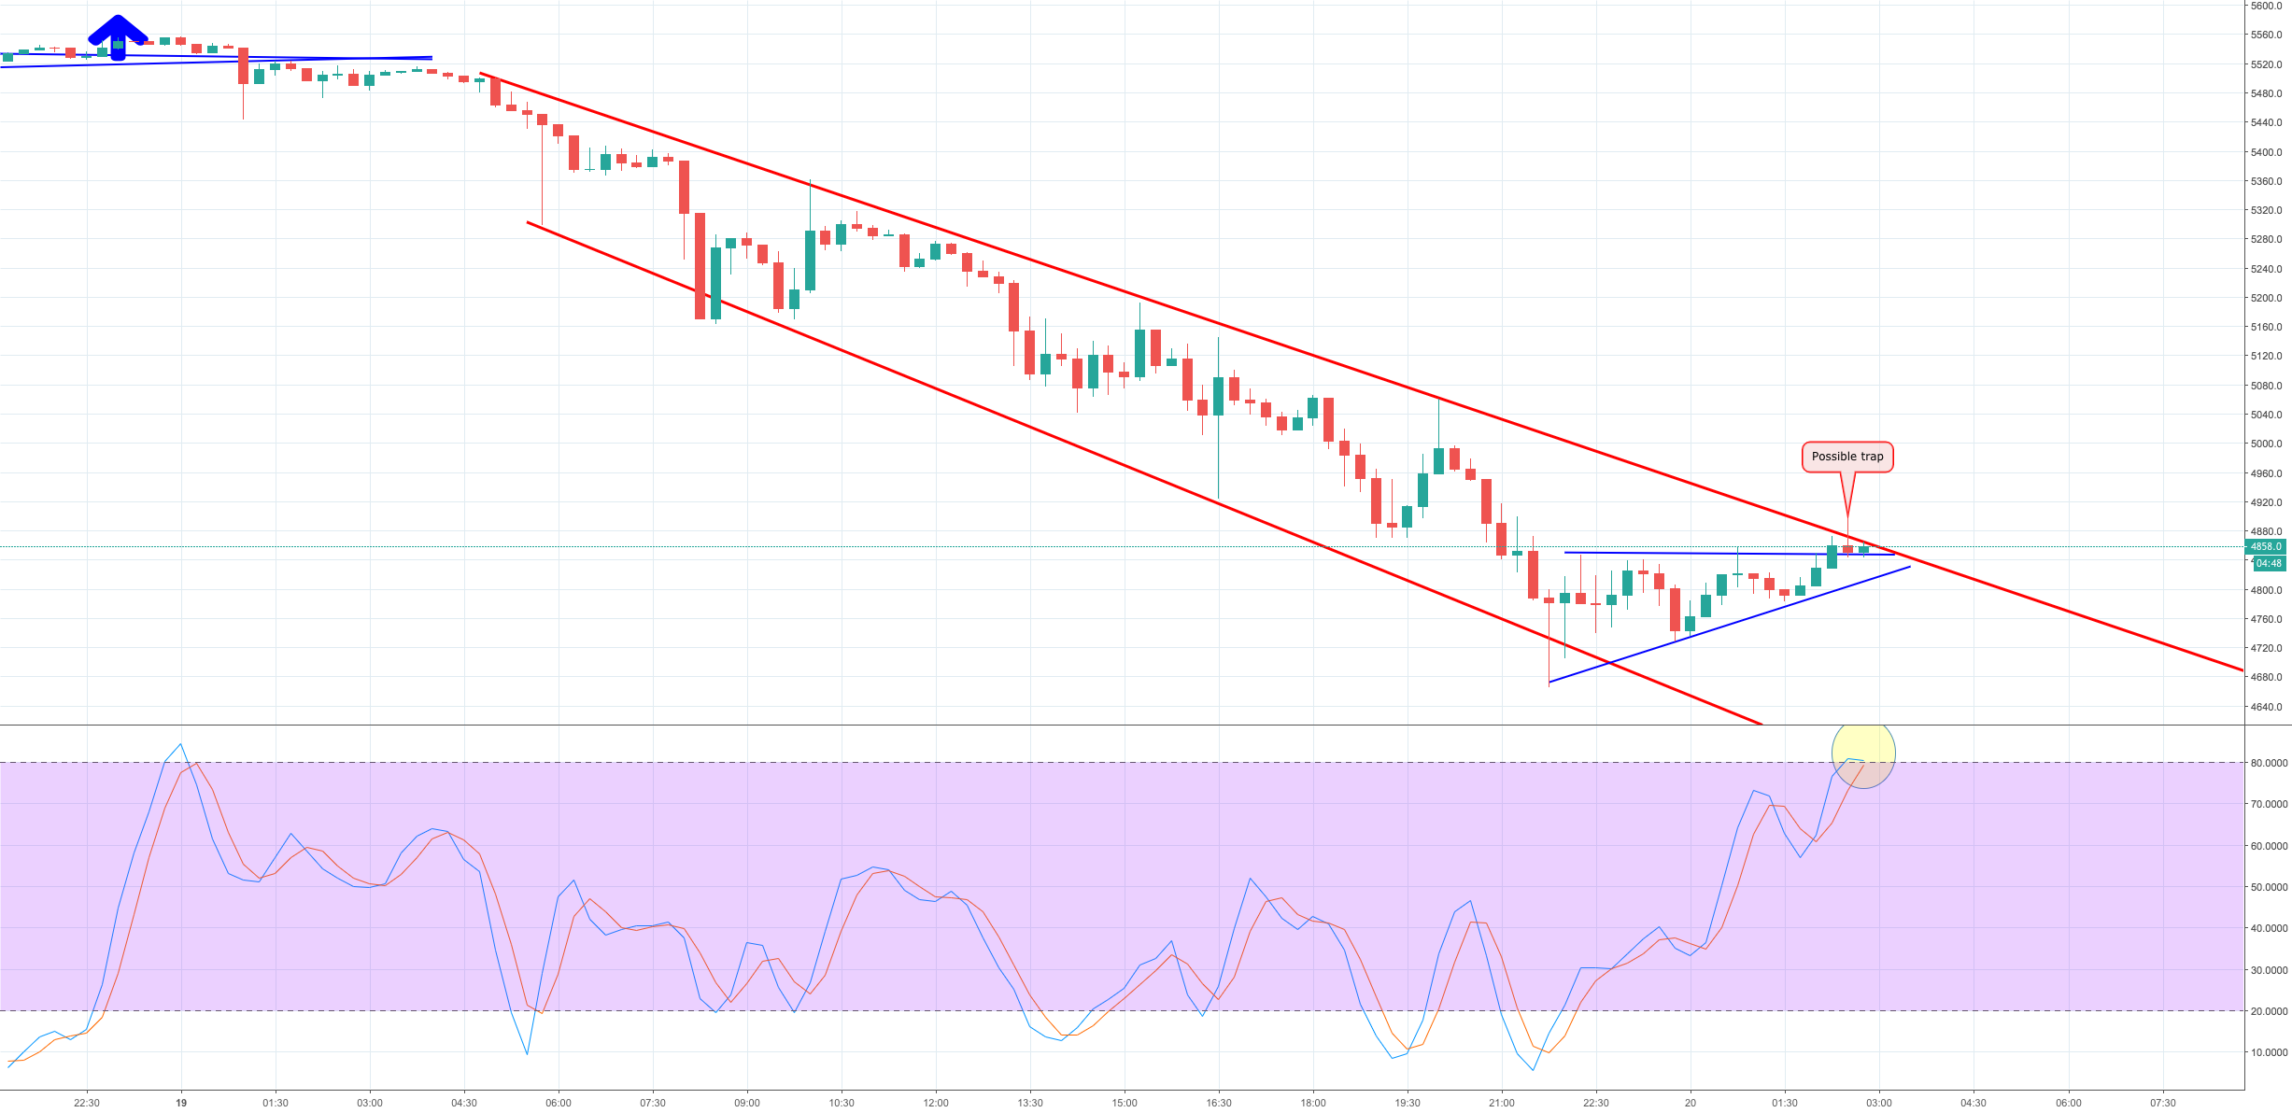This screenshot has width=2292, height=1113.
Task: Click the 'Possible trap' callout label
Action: pyautogui.click(x=1846, y=457)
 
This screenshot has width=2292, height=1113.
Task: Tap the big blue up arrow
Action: pyautogui.click(x=118, y=37)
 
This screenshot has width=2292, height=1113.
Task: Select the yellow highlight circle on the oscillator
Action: pyautogui.click(x=1863, y=754)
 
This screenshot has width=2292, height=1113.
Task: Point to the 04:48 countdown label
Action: pyautogui.click(x=2268, y=563)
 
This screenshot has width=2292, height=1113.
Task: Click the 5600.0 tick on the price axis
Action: pyautogui.click(x=2266, y=6)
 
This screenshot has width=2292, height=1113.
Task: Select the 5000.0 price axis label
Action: pyautogui.click(x=2266, y=444)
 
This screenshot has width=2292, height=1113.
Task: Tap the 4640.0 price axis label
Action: pyautogui.click(x=2266, y=707)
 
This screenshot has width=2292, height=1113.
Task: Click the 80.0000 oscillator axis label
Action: pyautogui.click(x=2269, y=763)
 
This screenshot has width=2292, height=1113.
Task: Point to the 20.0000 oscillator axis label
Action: pyautogui.click(x=2269, y=1011)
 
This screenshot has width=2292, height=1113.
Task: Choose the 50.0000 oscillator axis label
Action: pyautogui.click(x=2269, y=887)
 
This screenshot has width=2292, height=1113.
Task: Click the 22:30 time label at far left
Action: pyautogui.click(x=87, y=1103)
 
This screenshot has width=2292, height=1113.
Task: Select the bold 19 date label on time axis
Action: pyautogui.click(x=181, y=1103)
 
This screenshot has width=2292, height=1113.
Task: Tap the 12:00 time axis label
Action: pyautogui.click(x=936, y=1103)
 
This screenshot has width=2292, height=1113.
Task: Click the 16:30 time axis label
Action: pyautogui.click(x=1219, y=1103)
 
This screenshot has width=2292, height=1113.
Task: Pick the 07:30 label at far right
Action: pyautogui.click(x=2162, y=1103)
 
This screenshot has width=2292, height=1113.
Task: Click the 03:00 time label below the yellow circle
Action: pyautogui.click(x=1879, y=1103)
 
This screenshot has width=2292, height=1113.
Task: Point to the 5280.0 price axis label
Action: pyautogui.click(x=2266, y=239)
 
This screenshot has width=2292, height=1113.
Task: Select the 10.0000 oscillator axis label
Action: pyautogui.click(x=2269, y=1052)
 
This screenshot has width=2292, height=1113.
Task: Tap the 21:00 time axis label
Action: pyautogui.click(x=1502, y=1103)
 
